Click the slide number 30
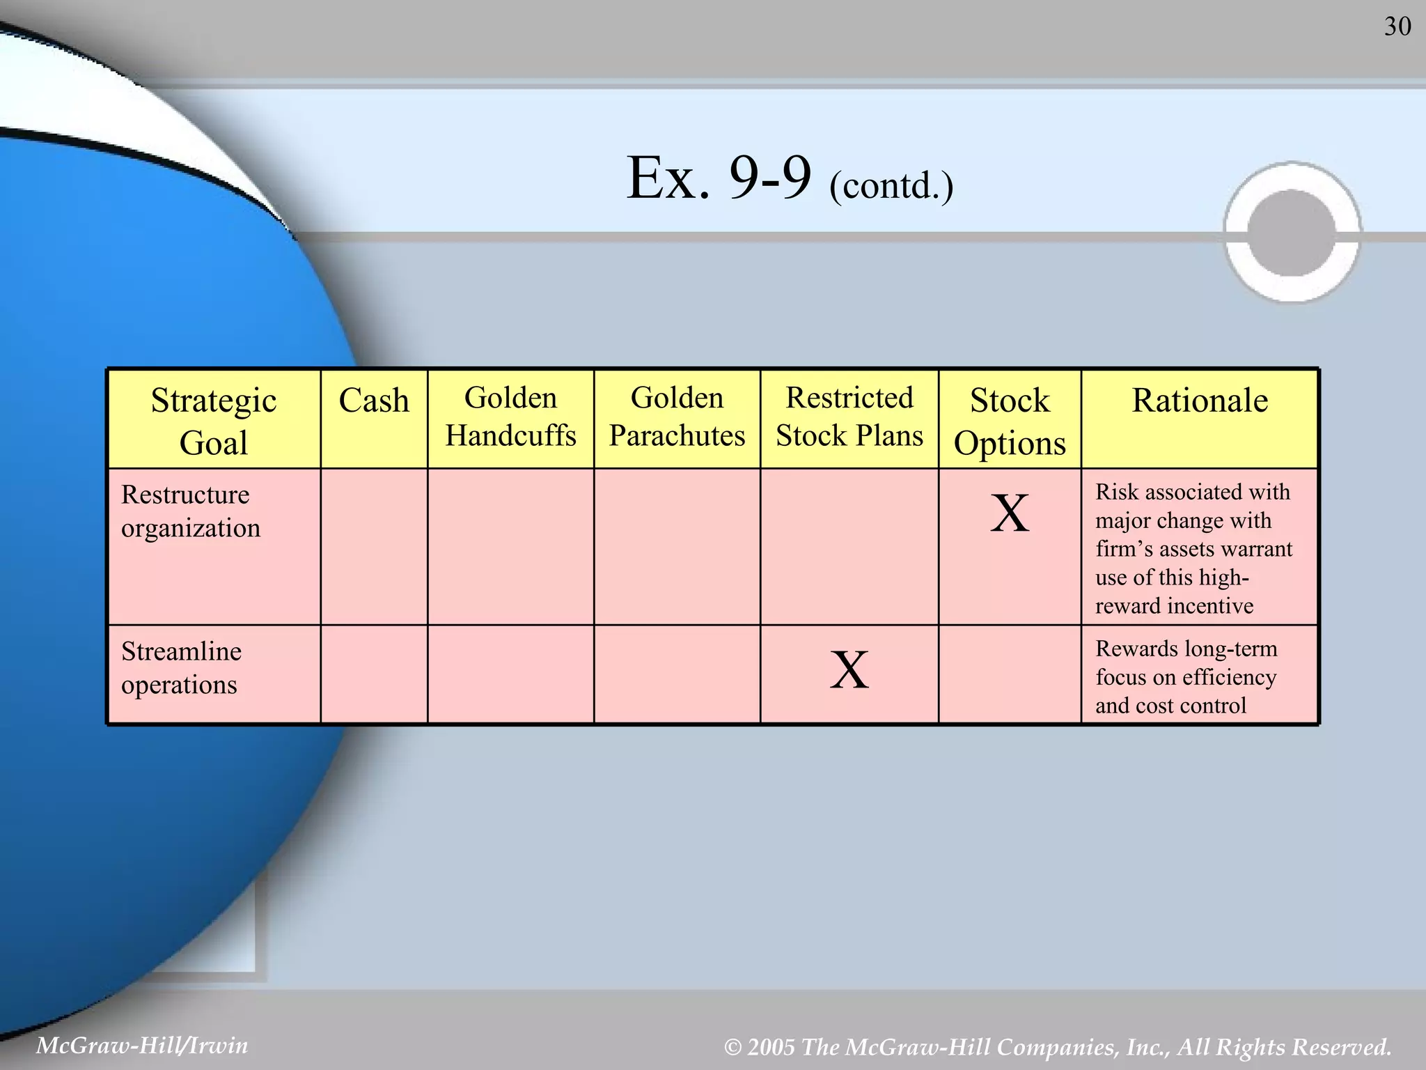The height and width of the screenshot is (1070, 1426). pyautogui.click(x=1397, y=26)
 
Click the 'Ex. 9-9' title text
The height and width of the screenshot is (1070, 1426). pyautogui.click(x=719, y=178)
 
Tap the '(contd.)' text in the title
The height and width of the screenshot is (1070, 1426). pyautogui.click(x=891, y=185)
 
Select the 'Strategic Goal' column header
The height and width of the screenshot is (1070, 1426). pyautogui.click(x=214, y=421)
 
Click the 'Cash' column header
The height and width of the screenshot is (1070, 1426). pyautogui.click(x=374, y=401)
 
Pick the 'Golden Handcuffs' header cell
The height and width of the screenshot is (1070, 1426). pyautogui.click(x=510, y=417)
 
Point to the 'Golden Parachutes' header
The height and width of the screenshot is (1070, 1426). pyautogui.click(x=677, y=417)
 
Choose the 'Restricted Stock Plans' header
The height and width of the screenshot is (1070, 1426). pyautogui.click(x=849, y=417)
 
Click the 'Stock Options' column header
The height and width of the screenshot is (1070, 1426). pyautogui.click(x=1010, y=421)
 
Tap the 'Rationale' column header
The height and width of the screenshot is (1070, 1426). pyautogui.click(x=1200, y=401)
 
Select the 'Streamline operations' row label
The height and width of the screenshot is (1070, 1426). pyautogui.click(x=181, y=668)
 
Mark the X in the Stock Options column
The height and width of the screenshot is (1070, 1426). pyautogui.click(x=1010, y=513)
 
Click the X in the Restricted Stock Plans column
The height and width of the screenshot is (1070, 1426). pyautogui.click(x=849, y=670)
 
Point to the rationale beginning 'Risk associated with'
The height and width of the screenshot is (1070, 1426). pyautogui.click(x=1193, y=548)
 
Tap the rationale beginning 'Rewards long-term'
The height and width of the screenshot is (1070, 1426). pyautogui.click(x=1186, y=677)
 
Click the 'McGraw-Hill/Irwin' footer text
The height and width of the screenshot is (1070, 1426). pyautogui.click(x=142, y=1045)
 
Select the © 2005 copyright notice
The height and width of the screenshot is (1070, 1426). pyautogui.click(x=1058, y=1046)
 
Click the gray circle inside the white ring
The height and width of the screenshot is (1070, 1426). pyautogui.click(x=1292, y=232)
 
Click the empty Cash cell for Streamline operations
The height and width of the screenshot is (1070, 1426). pyautogui.click(x=374, y=674)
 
